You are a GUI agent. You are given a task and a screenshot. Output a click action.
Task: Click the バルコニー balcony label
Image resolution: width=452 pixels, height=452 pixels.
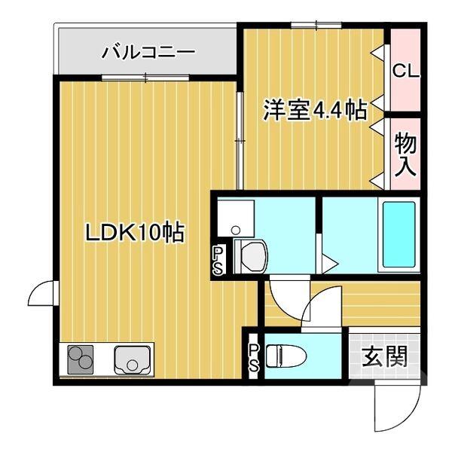[148, 52]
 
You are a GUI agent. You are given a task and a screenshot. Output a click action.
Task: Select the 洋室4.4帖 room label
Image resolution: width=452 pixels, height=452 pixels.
[314, 111]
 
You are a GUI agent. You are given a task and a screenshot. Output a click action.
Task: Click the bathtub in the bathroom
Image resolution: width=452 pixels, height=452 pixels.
[399, 235]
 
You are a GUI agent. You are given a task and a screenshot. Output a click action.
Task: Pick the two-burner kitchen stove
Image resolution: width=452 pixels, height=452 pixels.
[81, 360]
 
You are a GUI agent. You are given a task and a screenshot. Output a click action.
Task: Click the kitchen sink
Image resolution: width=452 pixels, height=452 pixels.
[133, 360]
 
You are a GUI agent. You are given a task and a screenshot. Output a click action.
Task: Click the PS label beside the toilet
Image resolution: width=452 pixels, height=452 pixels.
[254, 357]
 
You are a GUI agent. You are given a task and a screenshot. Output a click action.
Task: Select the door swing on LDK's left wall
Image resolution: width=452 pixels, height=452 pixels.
[41, 295]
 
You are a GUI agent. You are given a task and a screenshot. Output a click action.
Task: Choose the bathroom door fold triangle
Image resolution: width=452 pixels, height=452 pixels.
[328, 264]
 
